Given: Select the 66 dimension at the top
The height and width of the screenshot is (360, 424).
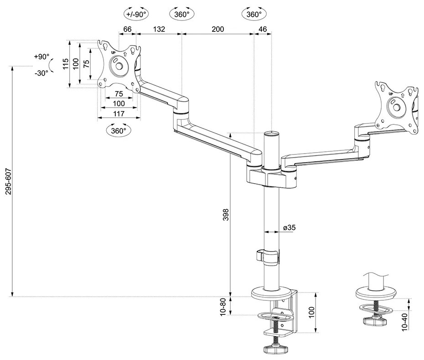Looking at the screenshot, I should click(128, 29).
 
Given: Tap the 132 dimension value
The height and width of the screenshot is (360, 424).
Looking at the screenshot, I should click(158, 29).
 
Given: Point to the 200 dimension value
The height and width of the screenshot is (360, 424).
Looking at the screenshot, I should click(218, 29).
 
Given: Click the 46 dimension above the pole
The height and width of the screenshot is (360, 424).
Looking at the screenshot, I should click(262, 29).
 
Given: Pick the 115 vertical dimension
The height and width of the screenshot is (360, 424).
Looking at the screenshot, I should click(66, 64).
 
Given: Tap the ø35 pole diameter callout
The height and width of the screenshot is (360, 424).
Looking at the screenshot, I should click(290, 228).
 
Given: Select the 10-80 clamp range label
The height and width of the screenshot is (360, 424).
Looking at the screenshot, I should click(223, 306).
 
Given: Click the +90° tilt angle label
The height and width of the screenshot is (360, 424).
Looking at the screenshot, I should click(41, 57).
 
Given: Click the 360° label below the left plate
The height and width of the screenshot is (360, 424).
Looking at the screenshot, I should click(119, 131).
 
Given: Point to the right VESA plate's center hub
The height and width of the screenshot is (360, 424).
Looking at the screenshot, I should click(396, 108).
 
